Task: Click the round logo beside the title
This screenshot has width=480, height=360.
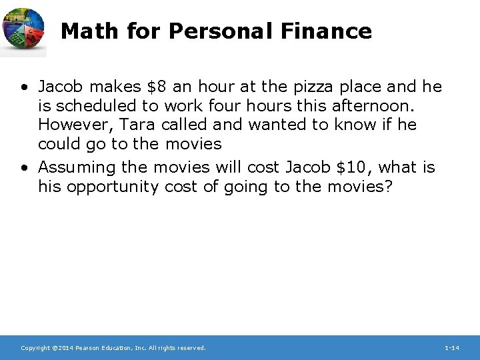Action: (x=24, y=30)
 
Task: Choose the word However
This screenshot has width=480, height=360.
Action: (x=73, y=125)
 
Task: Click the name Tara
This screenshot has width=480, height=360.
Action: (x=137, y=125)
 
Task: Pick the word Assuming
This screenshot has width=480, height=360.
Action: (x=77, y=168)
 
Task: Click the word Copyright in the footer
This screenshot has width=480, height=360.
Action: (x=35, y=348)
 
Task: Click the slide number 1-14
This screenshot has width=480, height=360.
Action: (x=451, y=348)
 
